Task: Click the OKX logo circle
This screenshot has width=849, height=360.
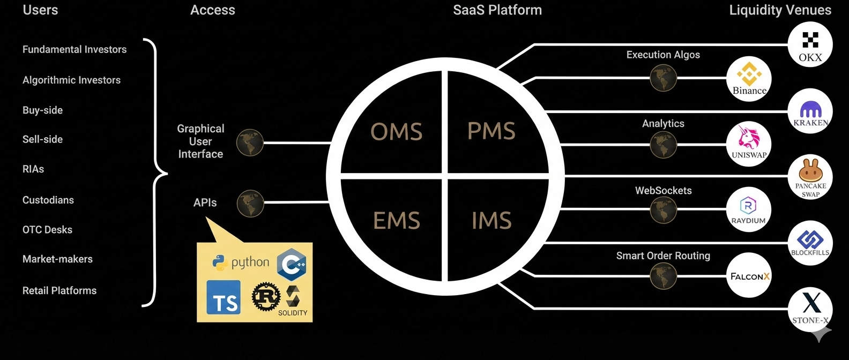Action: [810, 44]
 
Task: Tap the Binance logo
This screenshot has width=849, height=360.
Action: [749, 79]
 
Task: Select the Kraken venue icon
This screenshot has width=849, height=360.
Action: [810, 111]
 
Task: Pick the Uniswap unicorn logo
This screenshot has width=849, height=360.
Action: [748, 143]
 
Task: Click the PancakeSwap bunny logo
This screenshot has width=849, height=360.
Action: [810, 177]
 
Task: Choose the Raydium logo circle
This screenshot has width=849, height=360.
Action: [748, 209]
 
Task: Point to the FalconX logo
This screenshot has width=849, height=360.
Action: [749, 276]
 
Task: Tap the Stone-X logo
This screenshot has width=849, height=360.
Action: [810, 309]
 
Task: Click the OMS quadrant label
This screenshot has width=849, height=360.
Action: [397, 132]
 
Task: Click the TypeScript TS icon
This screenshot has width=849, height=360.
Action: [224, 297]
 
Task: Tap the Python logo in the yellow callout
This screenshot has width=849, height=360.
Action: [241, 262]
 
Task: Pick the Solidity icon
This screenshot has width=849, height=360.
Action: [293, 300]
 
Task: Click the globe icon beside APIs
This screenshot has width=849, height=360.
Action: [250, 204]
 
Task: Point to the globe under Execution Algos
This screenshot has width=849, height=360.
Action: [663, 78]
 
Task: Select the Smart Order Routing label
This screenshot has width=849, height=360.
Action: [663, 256]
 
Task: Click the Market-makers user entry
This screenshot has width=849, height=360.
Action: [57, 259]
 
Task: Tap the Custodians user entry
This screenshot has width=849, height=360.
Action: [48, 200]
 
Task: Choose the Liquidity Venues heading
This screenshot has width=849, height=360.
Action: [780, 10]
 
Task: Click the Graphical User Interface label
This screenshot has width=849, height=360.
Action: [200, 141]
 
